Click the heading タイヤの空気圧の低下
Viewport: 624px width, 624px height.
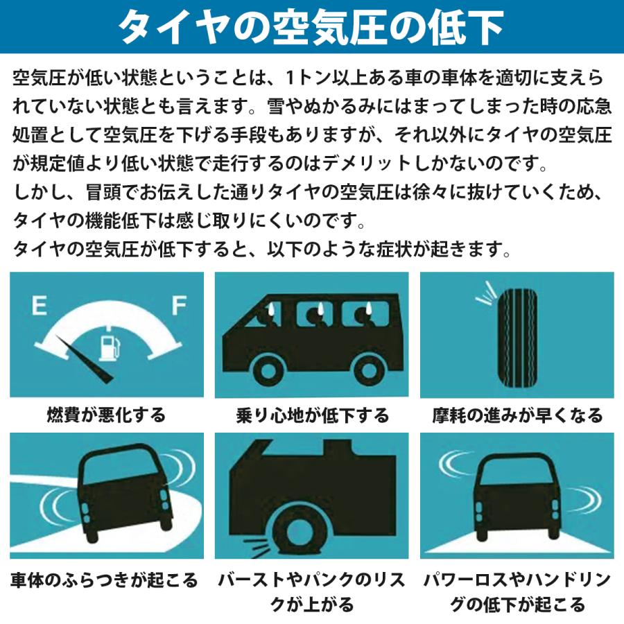point(311,27)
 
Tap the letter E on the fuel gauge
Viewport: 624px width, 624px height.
point(39,304)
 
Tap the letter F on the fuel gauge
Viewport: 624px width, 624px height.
point(179,304)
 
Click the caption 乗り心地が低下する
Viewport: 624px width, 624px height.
point(312,416)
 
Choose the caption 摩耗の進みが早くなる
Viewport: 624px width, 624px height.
point(517,415)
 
